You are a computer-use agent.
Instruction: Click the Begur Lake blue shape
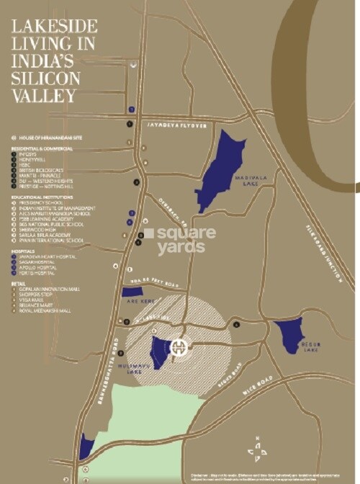(x=289, y=333)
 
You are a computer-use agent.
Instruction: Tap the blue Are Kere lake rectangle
(x=132, y=292)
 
